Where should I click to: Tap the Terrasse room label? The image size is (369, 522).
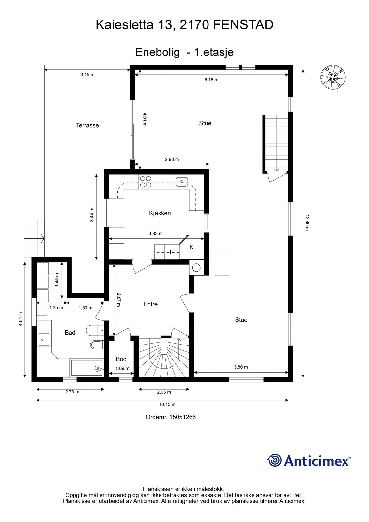(x=87, y=125)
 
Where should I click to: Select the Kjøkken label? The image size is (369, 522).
(x=160, y=213)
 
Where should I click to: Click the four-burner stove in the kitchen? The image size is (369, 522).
(x=146, y=182)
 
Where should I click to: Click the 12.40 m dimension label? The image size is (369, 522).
(x=307, y=222)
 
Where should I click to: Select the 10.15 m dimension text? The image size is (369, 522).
(x=167, y=404)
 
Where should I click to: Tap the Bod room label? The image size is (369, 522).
(x=121, y=359)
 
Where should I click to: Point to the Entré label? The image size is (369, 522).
(x=150, y=304)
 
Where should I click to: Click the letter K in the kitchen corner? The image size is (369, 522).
(x=192, y=247)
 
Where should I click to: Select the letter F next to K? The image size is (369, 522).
(x=172, y=252)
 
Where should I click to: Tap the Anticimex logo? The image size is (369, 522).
(x=309, y=460)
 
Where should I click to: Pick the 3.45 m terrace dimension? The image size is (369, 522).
(x=87, y=75)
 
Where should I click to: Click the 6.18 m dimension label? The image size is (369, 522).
(x=211, y=80)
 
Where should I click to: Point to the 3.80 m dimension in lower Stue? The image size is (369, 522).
(x=241, y=367)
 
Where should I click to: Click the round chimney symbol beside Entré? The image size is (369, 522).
(x=196, y=268)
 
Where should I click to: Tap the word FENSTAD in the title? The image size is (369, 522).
(x=243, y=25)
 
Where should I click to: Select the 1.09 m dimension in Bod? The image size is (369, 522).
(x=122, y=368)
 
